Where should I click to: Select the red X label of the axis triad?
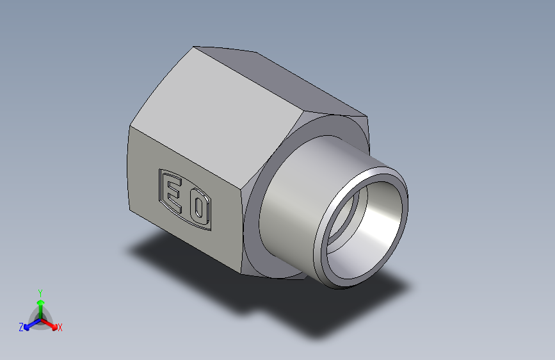coord(60,327)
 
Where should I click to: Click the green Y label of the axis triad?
coord(40,291)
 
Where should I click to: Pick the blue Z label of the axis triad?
coord(21,327)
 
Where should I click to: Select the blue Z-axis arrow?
coord(29,324)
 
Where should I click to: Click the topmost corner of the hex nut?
coord(195,47)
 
